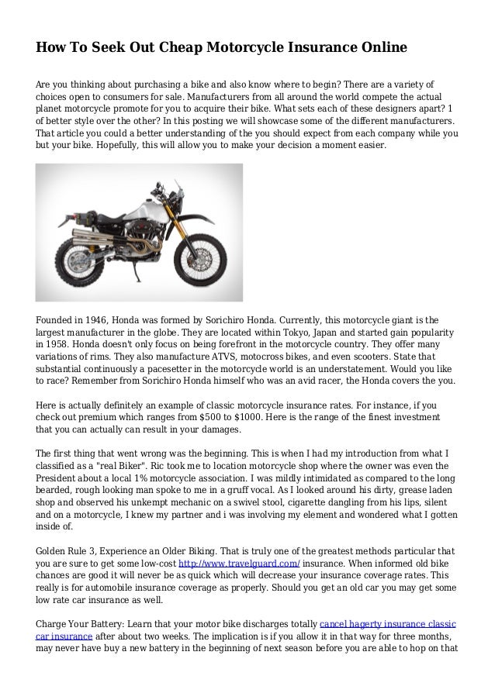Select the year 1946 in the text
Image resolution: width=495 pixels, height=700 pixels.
click(114, 319)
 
